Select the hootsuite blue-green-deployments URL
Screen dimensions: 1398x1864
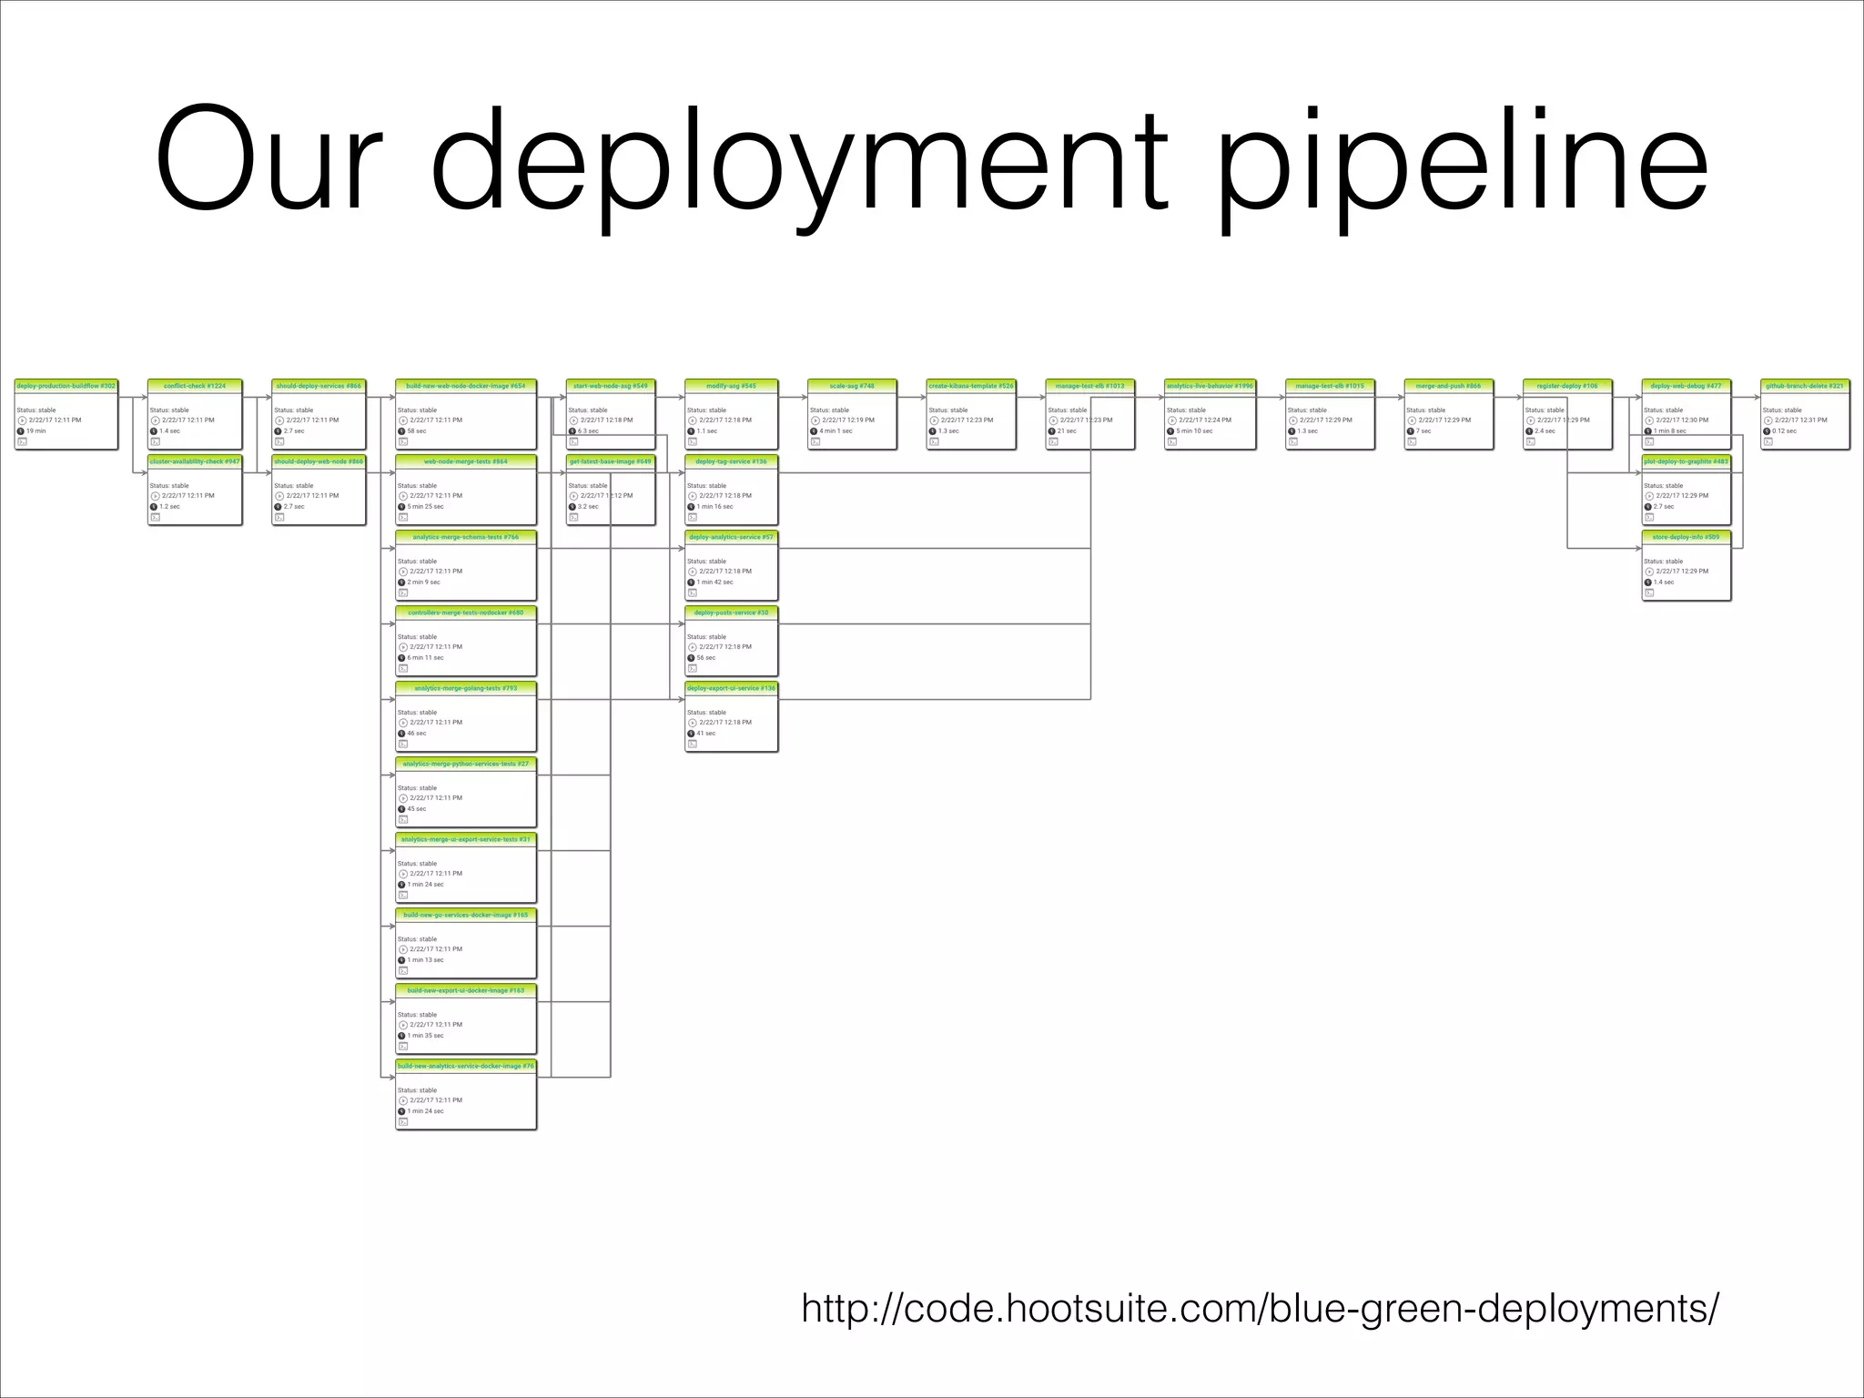coord(1260,1309)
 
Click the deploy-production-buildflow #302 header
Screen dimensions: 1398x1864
coord(66,386)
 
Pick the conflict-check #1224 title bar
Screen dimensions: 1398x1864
coord(195,386)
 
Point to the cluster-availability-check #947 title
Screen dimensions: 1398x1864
coord(195,461)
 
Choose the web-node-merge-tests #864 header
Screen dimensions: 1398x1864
coord(466,461)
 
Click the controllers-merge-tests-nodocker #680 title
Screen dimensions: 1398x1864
coord(466,613)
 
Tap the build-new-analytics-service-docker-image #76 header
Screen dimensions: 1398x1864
coord(466,1066)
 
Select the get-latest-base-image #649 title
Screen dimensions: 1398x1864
coord(611,461)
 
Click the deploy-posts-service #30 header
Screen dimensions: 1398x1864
coord(731,613)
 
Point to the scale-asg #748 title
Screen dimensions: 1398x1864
coord(852,386)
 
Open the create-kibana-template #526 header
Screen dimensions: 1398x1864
coord(971,386)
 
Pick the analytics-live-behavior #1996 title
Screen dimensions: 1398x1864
coord(1210,386)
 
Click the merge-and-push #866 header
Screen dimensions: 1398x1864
coord(1448,386)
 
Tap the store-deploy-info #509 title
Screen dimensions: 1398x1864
coord(1686,537)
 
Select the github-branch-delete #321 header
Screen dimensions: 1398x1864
coord(1805,386)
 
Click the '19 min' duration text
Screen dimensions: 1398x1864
coord(36,431)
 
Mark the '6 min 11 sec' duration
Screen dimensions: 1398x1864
coord(425,657)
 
